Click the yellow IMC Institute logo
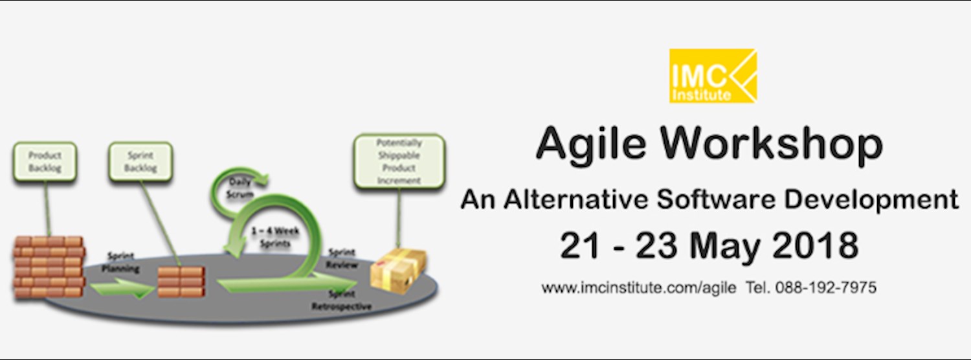[713, 76]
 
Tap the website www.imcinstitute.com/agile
[638, 287]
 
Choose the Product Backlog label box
[44, 162]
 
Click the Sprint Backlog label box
[140, 162]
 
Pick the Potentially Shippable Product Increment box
[399, 161]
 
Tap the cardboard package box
[397, 267]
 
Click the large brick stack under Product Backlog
[49, 266]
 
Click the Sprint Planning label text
[120, 263]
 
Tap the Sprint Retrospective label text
[341, 300]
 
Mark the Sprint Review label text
[342, 259]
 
